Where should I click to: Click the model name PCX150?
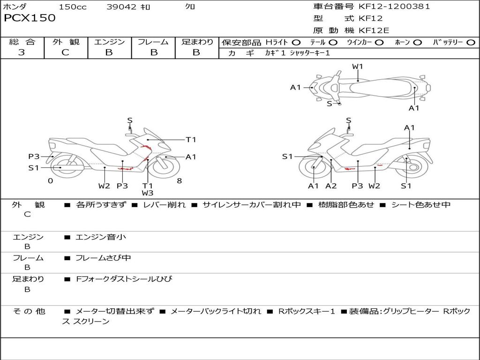30,18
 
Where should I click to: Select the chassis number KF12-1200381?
394,7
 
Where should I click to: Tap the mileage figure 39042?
121,7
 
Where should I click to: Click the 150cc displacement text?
73,7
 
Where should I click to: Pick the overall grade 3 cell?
22,52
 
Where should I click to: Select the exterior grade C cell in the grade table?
66,52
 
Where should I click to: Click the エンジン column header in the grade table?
109,42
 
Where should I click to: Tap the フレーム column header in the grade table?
153,42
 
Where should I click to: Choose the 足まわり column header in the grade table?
197,42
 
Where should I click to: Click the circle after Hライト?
296,42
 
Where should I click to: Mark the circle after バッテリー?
471,42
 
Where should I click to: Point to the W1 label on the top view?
358,67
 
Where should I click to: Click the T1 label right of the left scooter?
191,139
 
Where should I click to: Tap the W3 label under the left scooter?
148,193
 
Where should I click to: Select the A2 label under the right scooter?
331,186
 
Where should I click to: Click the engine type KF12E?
374,31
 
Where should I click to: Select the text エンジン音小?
101,237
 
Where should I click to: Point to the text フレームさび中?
104,258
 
